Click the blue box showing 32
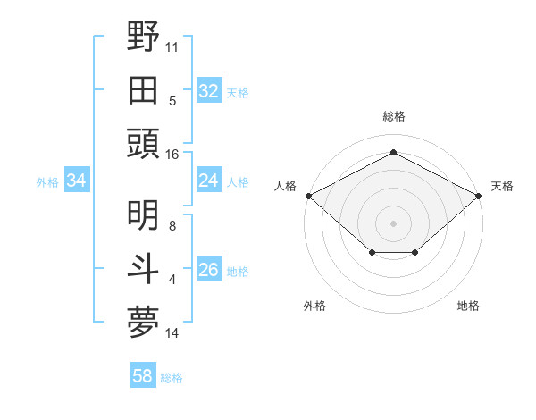[208, 91]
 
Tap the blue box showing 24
[208, 181]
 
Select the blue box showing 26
[208, 270]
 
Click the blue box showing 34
[77, 181]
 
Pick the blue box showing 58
[143, 377]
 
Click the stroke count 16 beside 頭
[172, 155]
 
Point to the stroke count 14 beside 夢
[172, 333]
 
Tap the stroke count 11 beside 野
[172, 46]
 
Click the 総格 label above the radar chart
[393, 116]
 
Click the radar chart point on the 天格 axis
[480, 195]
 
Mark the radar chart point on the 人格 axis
[308, 195]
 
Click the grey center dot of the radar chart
[393, 223]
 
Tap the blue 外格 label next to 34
[47, 182]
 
